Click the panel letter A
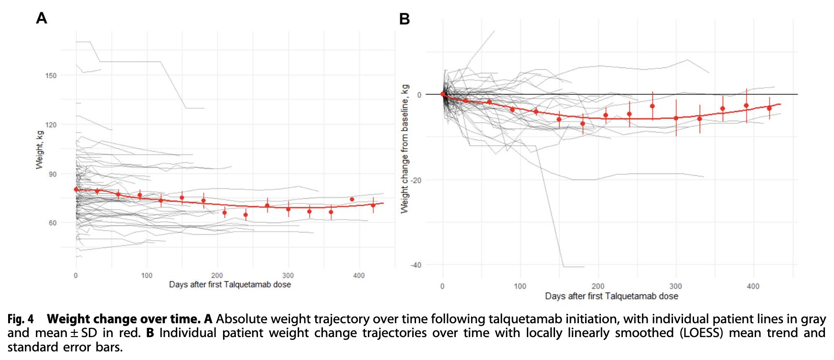click(x=42, y=18)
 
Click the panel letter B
click(x=404, y=19)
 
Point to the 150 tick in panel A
click(x=51, y=75)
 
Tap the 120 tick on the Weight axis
click(x=51, y=125)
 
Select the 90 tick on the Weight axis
click(x=52, y=174)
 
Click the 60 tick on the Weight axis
click(x=52, y=223)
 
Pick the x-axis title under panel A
click(x=230, y=285)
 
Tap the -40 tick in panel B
click(x=416, y=265)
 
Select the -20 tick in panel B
click(x=416, y=180)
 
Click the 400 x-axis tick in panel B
click(x=753, y=286)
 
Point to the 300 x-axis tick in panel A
click(x=288, y=275)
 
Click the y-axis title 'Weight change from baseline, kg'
click(x=405, y=149)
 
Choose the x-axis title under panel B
click(x=611, y=296)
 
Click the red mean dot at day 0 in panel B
click(x=443, y=94)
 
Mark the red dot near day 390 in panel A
click(x=352, y=199)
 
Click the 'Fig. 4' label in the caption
click(x=21, y=319)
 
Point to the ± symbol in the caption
click(x=75, y=333)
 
